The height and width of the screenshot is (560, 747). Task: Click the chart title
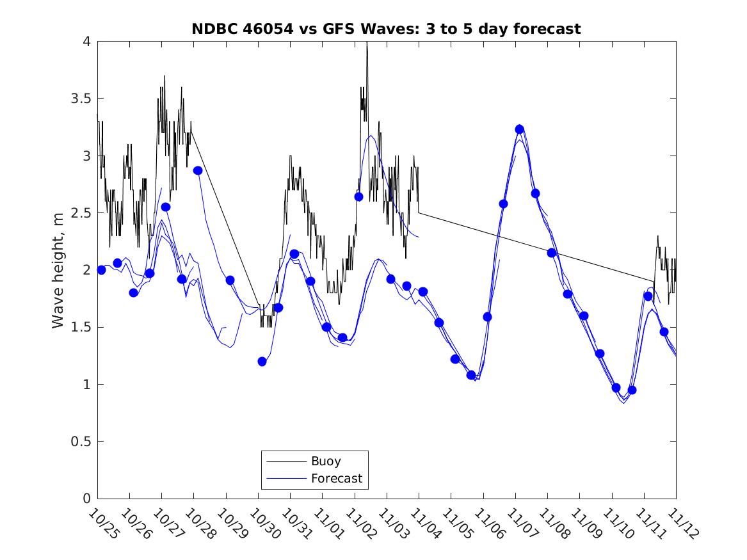coord(386,29)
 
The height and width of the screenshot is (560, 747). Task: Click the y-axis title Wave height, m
coord(58,270)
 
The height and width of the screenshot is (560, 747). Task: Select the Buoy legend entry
coord(326,461)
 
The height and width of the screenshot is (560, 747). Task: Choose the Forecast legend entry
coord(336,478)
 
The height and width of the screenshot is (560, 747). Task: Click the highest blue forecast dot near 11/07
coord(520,129)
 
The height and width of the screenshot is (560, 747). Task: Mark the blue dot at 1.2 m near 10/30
coord(262,362)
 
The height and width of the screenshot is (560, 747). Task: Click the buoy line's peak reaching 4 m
coord(367,43)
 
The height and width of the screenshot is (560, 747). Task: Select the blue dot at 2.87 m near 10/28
coord(198,170)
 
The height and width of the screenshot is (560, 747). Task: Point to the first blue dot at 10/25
coord(101,270)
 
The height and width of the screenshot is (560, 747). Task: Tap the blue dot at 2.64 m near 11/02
coord(358,196)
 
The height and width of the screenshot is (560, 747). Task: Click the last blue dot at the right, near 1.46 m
coord(664,332)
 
